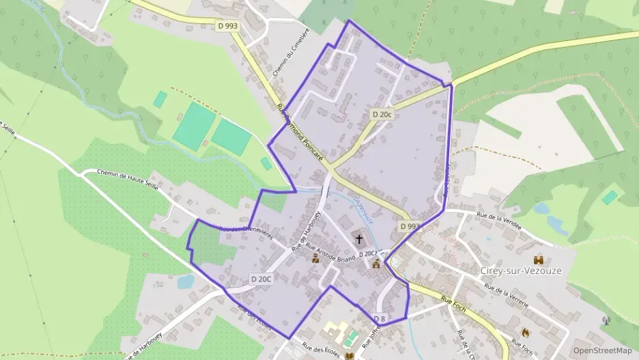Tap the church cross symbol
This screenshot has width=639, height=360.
(x=359, y=239)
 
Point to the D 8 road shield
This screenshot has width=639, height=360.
(x=379, y=318)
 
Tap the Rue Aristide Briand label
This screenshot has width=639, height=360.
(x=330, y=253)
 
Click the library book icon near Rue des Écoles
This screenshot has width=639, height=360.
(x=350, y=356)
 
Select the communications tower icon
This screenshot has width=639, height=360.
(x=606, y=320)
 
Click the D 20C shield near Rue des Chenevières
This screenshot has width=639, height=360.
(x=261, y=279)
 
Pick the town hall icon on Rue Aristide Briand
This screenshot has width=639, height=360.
(x=315, y=258)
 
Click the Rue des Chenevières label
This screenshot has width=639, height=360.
(x=246, y=232)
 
